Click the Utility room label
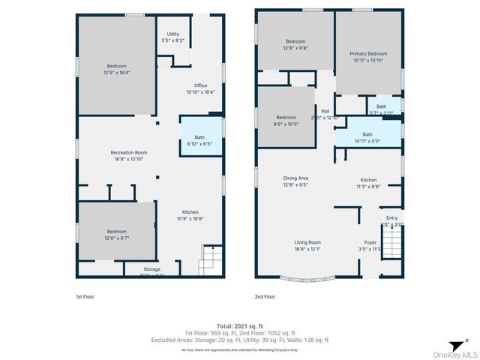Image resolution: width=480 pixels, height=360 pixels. click(x=173, y=34)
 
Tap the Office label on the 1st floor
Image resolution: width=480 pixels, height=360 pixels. click(x=200, y=85)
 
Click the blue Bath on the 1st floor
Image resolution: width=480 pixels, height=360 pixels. click(x=199, y=137)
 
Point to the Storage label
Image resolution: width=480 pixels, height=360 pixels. click(x=152, y=268)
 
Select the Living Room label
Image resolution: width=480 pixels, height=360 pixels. click(x=307, y=242)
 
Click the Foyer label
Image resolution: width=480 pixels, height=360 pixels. click(x=370, y=242)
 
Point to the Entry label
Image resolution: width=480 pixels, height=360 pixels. click(x=392, y=217)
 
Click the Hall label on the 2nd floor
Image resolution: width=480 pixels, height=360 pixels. click(x=325, y=111)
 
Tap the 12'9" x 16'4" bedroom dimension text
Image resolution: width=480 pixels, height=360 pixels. click(x=116, y=73)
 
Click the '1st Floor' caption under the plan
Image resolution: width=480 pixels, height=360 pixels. click(x=85, y=296)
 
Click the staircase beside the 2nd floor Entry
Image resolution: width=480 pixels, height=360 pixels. click(x=392, y=244)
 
